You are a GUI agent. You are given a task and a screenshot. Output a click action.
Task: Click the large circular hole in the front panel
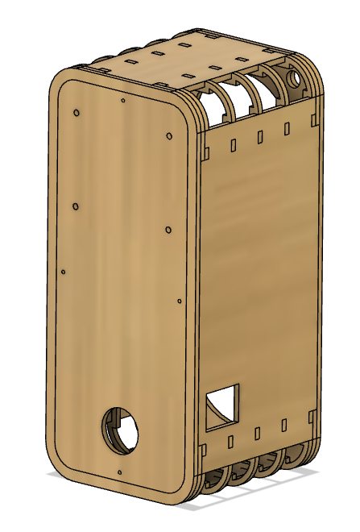pyautogui.click(x=119, y=430)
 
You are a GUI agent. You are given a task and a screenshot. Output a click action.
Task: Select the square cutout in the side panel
pyautogui.click(x=223, y=406)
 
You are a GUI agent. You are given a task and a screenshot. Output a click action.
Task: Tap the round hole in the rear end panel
pyautogui.click(x=293, y=80)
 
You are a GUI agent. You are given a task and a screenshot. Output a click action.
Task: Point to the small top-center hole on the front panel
pyautogui.click(x=122, y=101)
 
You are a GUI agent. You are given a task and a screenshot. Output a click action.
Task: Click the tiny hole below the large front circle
pyautogui.click(x=119, y=472)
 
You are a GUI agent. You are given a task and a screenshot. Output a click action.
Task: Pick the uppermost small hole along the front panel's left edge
pyautogui.click(x=76, y=113)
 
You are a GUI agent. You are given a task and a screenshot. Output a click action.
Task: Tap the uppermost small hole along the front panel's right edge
pyautogui.click(x=169, y=135)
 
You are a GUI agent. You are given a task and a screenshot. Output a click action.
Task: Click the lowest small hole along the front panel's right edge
pyautogui.click(x=180, y=302)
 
